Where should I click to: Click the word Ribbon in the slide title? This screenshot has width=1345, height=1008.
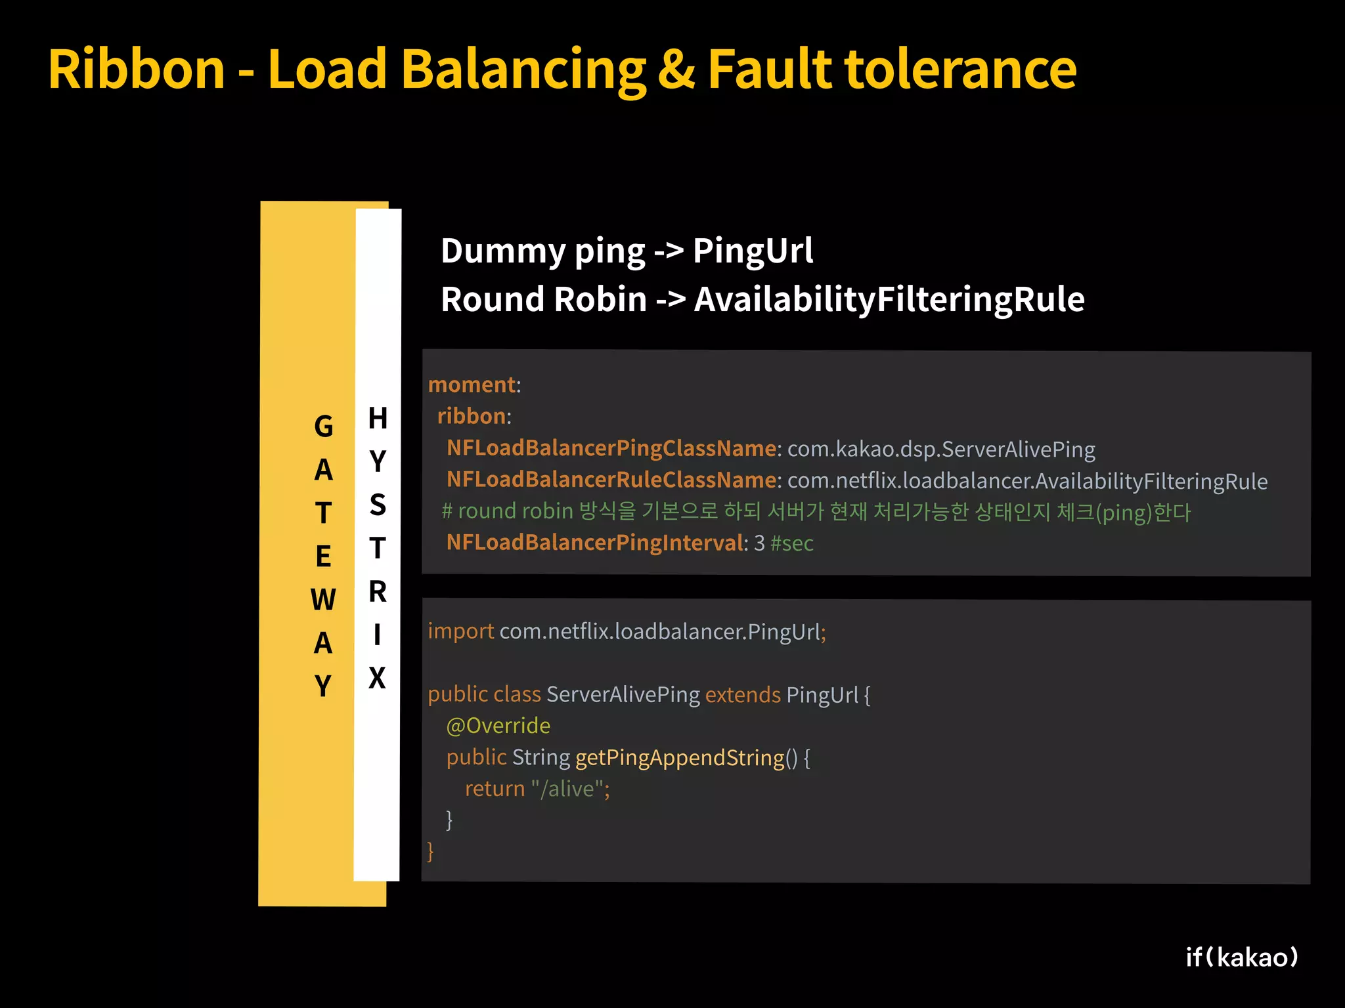[x=137, y=69]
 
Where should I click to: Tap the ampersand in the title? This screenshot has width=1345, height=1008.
[x=676, y=69]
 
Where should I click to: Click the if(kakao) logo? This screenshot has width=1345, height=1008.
[x=1242, y=957]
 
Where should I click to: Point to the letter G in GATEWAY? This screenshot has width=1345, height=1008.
[x=323, y=427]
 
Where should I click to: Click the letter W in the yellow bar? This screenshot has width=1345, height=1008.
[x=323, y=600]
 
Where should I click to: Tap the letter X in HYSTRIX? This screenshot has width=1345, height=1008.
[x=377, y=678]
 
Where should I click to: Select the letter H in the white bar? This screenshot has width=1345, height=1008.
[x=378, y=418]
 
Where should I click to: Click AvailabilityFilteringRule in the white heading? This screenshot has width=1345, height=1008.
[x=889, y=299]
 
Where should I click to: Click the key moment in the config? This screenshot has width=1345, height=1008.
[x=472, y=385]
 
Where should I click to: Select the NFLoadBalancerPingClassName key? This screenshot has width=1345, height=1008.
[x=611, y=448]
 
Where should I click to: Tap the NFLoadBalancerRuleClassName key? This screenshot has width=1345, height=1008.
[x=611, y=480]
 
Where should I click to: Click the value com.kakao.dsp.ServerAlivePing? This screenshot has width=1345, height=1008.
[x=941, y=449]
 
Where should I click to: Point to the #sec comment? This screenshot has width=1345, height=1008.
[x=792, y=543]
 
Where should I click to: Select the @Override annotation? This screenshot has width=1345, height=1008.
[x=498, y=726]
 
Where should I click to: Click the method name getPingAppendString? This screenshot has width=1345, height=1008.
[x=680, y=758]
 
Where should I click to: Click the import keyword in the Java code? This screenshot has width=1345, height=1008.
[x=460, y=631]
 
